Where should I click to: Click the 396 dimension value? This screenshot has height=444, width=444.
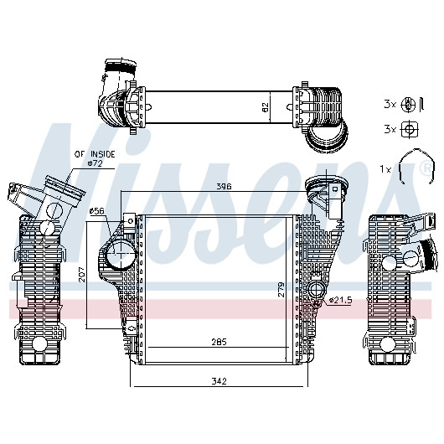coord(224,186)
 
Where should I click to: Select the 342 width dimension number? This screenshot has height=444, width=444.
coord(219,381)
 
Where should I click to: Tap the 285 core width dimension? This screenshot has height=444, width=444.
coord(219,342)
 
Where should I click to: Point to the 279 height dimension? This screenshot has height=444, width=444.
coord(281,289)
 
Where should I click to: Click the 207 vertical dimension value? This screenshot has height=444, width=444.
coord(82,274)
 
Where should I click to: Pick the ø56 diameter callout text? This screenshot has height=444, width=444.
coord(97,210)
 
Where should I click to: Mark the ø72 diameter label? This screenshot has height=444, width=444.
coord(96,163)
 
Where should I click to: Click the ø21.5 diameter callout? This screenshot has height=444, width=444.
coord(340,300)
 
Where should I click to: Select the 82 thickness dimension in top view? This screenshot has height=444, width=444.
coord(265,107)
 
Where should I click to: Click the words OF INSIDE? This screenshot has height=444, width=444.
coord(95,154)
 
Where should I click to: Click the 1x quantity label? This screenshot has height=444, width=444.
coord(385,169)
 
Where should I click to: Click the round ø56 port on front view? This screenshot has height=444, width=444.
coord(121,254)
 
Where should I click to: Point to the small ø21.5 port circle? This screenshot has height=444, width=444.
coord(315,289)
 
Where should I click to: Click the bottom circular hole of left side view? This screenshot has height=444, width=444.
coord(39,343)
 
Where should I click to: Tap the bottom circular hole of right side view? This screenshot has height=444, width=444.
coord(387,344)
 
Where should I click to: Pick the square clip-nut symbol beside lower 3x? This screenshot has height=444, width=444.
coord(408,129)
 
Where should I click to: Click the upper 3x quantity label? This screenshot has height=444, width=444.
coord(390,104)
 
